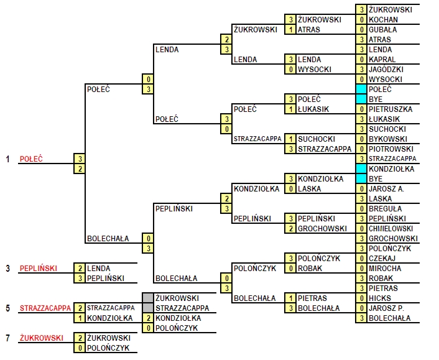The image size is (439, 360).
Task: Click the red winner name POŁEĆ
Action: [31, 159]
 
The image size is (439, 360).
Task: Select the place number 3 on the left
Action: [8, 269]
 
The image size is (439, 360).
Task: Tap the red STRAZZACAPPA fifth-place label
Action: [45, 308]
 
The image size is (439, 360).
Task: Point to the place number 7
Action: [8, 338]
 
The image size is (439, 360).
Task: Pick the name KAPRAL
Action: [382, 60]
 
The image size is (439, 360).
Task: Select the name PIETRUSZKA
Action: [390, 109]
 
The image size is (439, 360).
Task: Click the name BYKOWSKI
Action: [388, 139]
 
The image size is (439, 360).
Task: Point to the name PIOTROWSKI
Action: [391, 149]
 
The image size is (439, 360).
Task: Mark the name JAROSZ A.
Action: [386, 189]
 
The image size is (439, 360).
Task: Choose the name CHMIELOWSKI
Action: [391, 229]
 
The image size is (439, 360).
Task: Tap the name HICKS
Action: [380, 298]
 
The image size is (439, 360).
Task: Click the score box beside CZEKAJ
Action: [361, 259]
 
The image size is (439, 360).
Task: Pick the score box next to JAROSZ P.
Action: [361, 308]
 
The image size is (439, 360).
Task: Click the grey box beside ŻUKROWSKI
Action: [148, 298]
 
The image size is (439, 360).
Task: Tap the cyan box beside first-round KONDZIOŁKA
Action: [361, 168]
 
